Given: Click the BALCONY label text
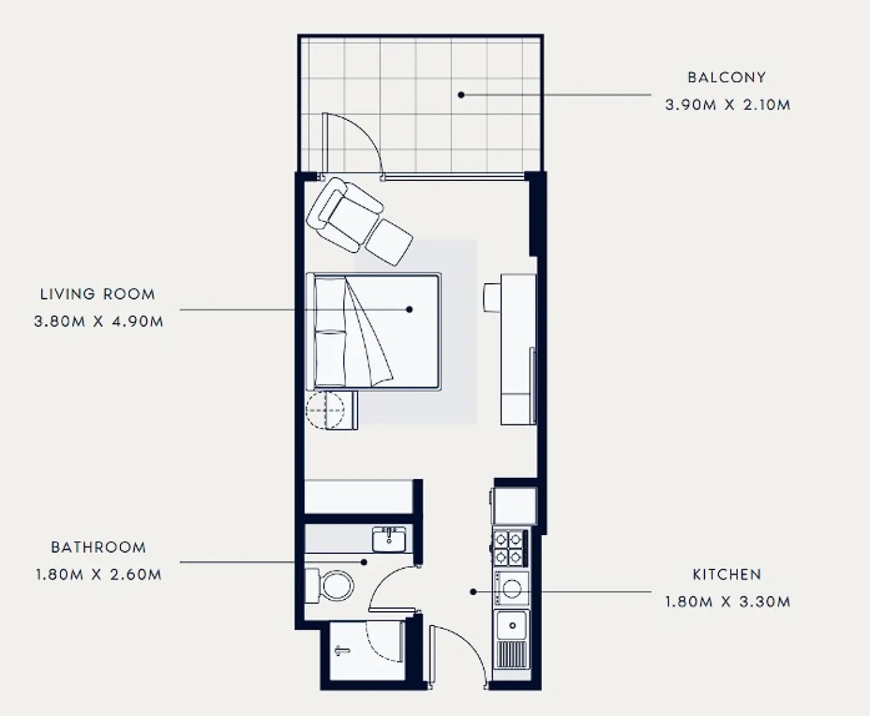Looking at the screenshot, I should point(727,77).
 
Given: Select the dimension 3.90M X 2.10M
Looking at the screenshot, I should point(727,105).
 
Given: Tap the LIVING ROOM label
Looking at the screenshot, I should point(98,294).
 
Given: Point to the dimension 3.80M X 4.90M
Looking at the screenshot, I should point(98,322).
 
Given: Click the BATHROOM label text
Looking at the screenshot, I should point(98,547).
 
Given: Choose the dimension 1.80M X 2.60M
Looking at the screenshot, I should point(98,575).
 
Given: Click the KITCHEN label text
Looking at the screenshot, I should point(727,575).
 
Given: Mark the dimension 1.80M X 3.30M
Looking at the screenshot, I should point(727,602).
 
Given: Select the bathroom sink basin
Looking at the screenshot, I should point(389,539).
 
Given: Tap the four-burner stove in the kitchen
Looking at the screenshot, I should point(509,547).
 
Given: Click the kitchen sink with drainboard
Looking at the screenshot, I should point(512,639).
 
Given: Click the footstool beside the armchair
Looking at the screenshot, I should point(389,242).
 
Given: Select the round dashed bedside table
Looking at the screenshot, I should point(325,410).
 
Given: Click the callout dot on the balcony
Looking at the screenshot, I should point(461,95).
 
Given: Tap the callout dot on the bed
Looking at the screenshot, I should point(410,310).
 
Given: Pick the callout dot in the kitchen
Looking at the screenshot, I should point(473,592).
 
